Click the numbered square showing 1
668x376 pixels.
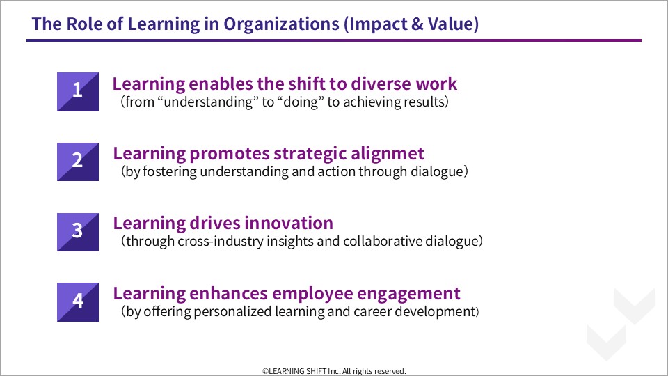(78, 92)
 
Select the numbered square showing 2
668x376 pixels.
(78, 162)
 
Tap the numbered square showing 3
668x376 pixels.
(78, 232)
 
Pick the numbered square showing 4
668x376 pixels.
(78, 301)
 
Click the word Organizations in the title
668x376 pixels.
(282, 24)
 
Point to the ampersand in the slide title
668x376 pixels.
(417, 24)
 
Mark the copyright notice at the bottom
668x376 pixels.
(334, 371)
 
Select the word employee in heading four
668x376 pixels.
(312, 294)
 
